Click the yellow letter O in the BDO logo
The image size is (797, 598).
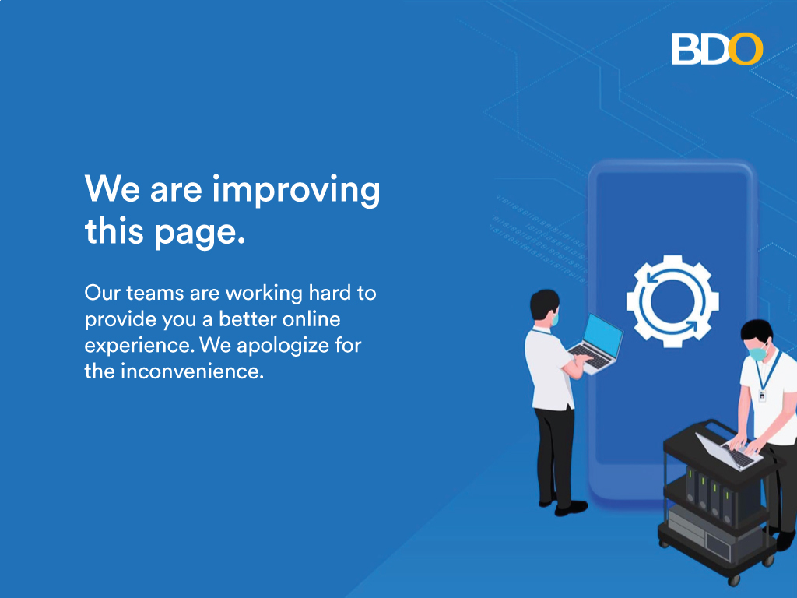[x=745, y=49]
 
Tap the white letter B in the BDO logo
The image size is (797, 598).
[x=685, y=49]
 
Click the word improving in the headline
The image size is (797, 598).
[x=296, y=191]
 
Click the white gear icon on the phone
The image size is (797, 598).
[x=672, y=301]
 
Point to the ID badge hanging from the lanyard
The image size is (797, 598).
[x=762, y=395]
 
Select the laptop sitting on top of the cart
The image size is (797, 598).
[x=729, y=452]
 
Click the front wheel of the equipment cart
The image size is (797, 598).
[x=734, y=579]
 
